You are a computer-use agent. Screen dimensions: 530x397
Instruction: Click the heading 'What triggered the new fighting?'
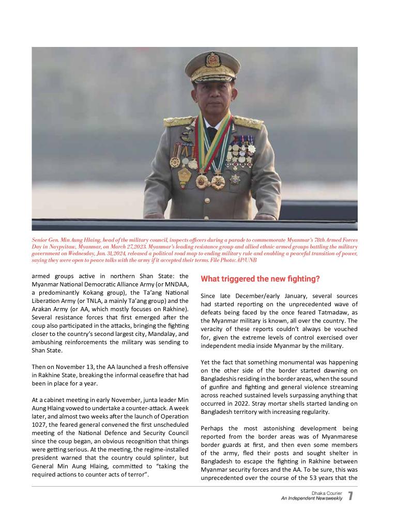click(260, 279)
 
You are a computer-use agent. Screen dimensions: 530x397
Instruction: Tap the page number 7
click(350, 496)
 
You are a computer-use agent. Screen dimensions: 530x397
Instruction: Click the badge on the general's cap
click(213, 59)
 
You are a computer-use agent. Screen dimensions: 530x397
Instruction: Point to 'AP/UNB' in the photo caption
click(247, 260)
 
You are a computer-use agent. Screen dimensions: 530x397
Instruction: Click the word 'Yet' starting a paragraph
click(206, 362)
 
